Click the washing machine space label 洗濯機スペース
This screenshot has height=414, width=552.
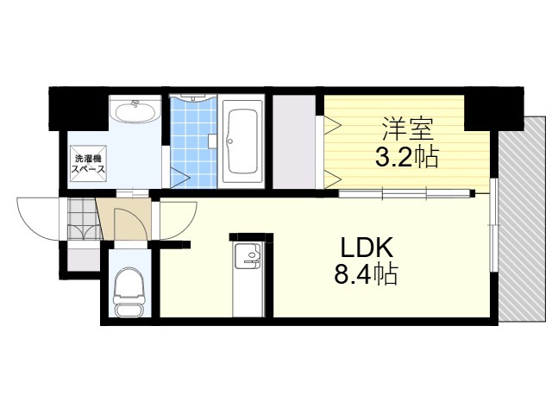click(x=90, y=164)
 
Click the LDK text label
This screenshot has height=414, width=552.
click(x=367, y=248)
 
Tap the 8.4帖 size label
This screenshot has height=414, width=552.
click(x=367, y=275)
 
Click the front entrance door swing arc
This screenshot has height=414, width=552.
click(x=39, y=221)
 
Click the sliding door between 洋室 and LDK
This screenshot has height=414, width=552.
click(x=405, y=192)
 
